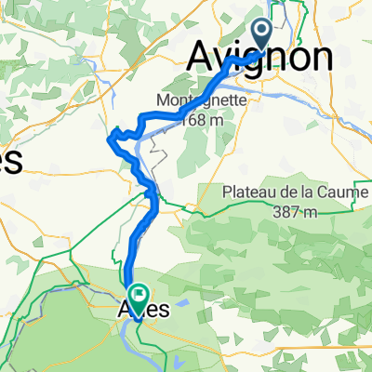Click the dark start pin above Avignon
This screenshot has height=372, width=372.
260,34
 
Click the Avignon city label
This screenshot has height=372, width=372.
259,57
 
